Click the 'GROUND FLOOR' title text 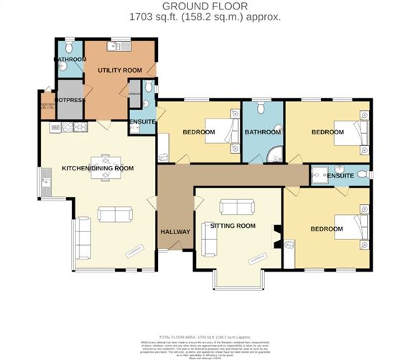click(x=205, y=6)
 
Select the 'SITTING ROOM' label click(x=228, y=226)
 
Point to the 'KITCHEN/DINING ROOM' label click(x=98, y=168)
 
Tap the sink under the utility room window click(x=115, y=47)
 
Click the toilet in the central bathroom click(x=262, y=109)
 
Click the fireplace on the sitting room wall click(x=275, y=234)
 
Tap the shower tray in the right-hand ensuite click(x=320, y=173)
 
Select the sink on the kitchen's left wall click(x=47, y=180)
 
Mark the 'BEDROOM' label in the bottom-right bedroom click(x=326, y=229)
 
